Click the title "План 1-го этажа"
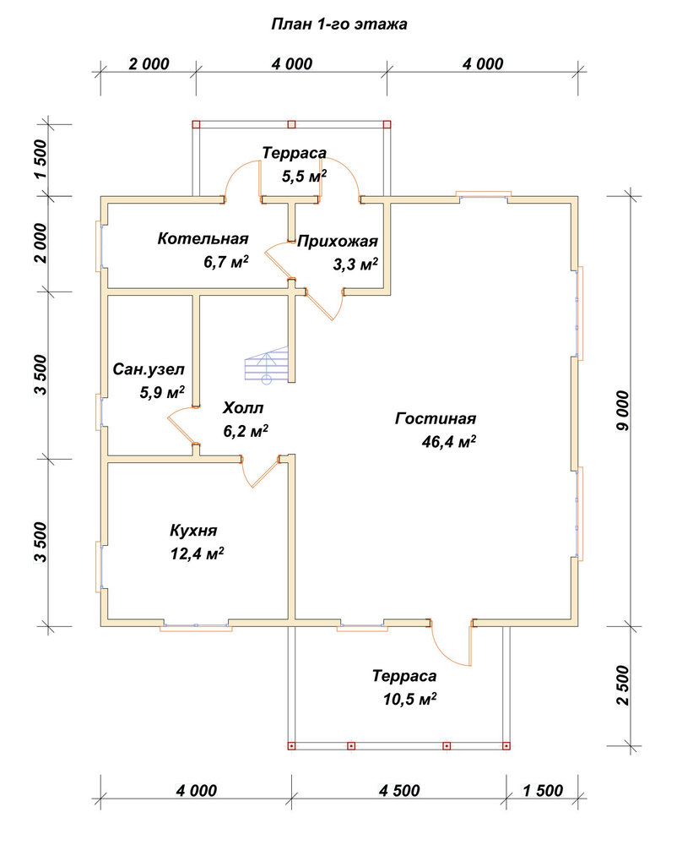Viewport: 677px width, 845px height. pos(338,25)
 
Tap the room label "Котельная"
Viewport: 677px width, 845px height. pos(203,238)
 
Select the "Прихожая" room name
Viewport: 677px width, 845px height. pos(338,242)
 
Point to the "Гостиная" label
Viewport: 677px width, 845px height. pos(436,419)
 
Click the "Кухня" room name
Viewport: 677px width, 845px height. pos(194,531)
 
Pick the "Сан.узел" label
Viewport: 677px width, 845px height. pos(149,369)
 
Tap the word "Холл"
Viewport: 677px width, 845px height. pos(243,408)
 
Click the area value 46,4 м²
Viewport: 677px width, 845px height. pos(449,442)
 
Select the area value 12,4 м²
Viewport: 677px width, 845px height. pos(197,553)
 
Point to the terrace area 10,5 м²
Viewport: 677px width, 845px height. pos(409,699)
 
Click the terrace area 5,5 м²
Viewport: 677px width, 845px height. pos(305,177)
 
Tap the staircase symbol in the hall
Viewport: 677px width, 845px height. pos(267,366)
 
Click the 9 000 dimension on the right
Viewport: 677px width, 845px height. pos(623,411)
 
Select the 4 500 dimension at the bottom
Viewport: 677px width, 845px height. pos(399,791)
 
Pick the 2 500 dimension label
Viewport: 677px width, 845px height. pos(623,685)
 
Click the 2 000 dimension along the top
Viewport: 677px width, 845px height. pos(149,63)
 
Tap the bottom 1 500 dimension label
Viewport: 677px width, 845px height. pos(543,791)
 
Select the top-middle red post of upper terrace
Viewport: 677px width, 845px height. pos(292,124)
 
